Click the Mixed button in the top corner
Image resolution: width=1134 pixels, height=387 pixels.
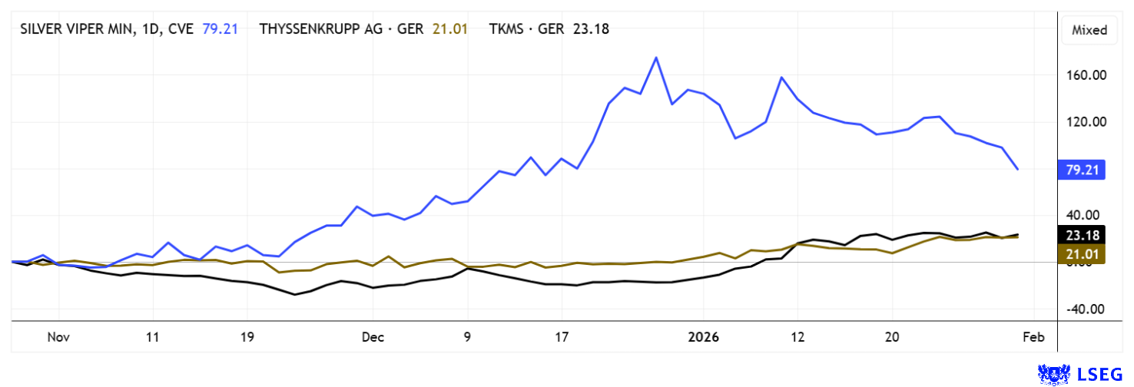pos(1089,30)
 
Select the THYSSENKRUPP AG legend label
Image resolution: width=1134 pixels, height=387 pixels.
pos(335,29)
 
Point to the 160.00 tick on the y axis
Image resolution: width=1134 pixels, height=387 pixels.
pos(1084,75)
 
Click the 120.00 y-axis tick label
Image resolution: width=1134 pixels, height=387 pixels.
pos(1084,122)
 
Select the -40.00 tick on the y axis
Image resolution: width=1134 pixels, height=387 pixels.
pos(1084,309)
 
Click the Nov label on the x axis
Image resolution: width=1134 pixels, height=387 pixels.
pos(58,337)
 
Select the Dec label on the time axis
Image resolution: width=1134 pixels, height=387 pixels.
pos(373,337)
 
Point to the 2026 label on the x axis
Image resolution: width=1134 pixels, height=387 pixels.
pos(704,337)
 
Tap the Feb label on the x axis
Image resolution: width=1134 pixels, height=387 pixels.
pos(1034,337)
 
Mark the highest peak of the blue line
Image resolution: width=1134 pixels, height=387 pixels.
pos(656,58)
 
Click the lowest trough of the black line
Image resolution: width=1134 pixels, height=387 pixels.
pos(294,295)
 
